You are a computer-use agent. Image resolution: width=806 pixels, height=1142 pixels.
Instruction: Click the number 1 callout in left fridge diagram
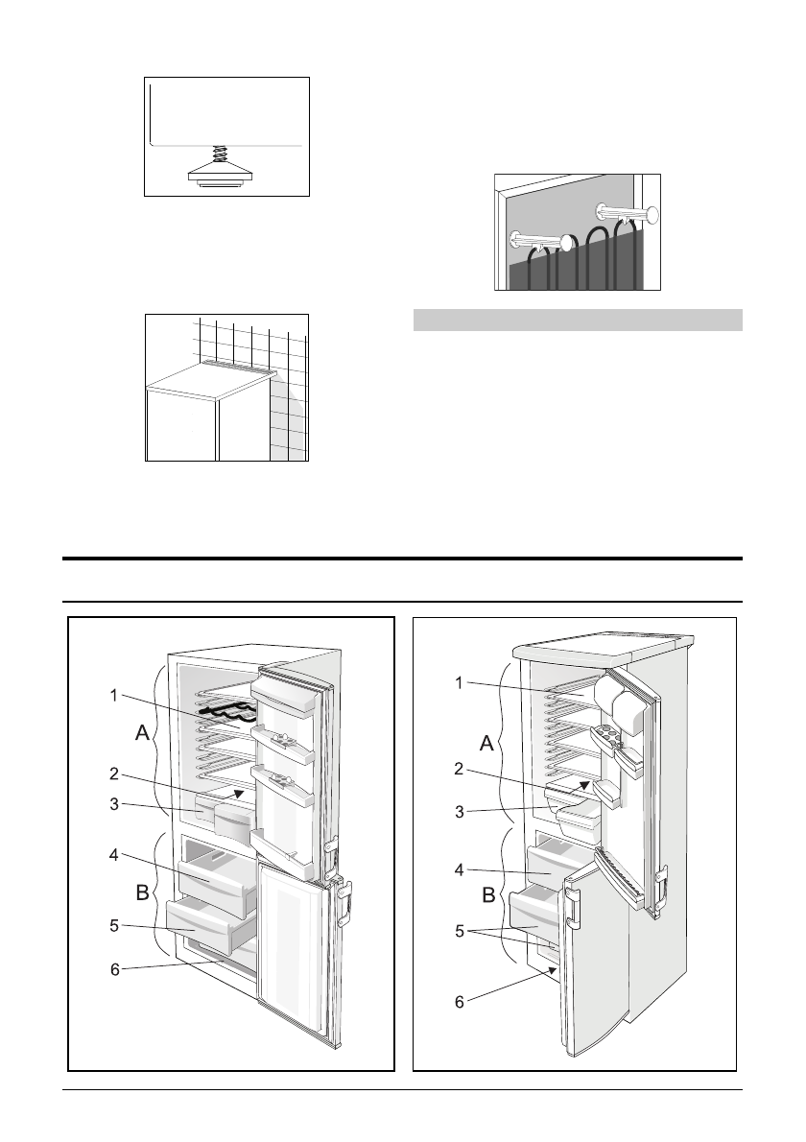click(114, 695)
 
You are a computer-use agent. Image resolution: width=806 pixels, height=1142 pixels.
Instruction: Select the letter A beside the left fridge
click(140, 733)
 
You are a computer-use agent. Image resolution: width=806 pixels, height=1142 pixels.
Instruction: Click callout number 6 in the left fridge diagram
click(114, 970)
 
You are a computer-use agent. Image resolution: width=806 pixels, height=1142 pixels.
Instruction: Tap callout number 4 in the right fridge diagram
click(459, 871)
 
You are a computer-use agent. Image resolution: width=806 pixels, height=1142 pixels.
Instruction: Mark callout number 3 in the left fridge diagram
click(114, 805)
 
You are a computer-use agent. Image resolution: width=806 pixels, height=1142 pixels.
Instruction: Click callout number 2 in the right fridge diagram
click(459, 769)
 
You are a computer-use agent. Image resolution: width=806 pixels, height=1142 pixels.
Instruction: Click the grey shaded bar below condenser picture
click(578, 320)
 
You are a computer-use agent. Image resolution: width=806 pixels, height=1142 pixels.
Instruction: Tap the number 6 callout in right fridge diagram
click(459, 1002)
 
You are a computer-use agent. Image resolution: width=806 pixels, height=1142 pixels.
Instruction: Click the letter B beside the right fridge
click(486, 897)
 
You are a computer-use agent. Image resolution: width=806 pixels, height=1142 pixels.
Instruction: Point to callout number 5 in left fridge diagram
click(114, 926)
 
